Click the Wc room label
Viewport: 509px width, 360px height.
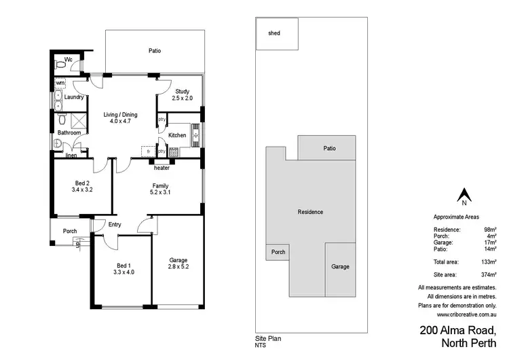[x=69, y=60]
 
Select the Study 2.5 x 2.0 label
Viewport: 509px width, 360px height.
[x=181, y=95]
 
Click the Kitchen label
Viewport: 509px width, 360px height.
[x=177, y=135]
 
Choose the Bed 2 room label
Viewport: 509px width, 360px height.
[x=82, y=187]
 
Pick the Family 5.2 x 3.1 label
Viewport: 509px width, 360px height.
[x=160, y=190]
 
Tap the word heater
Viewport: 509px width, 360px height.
[x=162, y=168]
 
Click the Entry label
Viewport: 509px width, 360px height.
[x=115, y=225]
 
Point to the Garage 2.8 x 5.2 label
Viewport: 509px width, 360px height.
[x=178, y=264]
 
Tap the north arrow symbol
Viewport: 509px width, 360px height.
[x=464, y=196]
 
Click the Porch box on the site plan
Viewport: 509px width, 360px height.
[x=278, y=252]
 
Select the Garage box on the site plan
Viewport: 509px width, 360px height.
[x=340, y=266]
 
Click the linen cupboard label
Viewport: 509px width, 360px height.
[x=71, y=156]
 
